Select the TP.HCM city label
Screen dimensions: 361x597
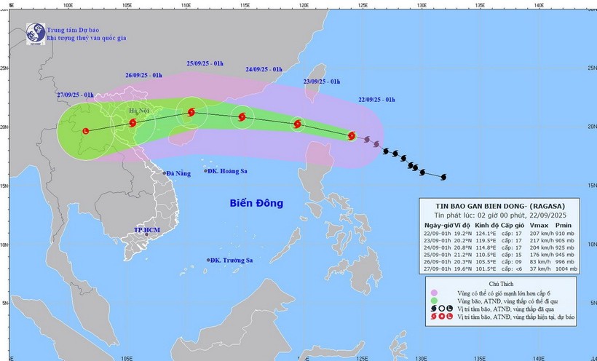(146, 230)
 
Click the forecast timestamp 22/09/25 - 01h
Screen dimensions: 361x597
(377, 99)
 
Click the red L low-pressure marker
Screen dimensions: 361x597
(87, 131)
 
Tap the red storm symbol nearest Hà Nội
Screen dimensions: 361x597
(133, 123)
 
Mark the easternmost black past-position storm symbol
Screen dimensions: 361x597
(443, 176)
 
